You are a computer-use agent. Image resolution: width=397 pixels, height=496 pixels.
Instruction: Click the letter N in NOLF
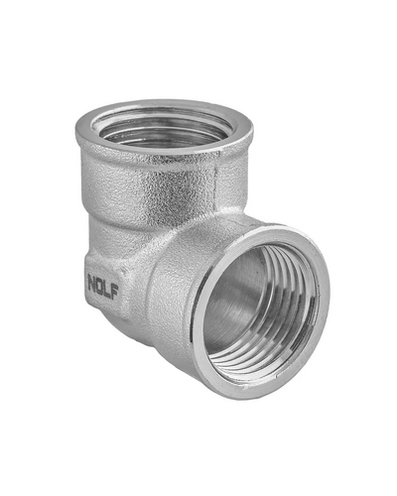click(92, 282)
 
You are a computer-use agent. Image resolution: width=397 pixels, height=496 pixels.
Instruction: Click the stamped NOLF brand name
click(103, 287)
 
